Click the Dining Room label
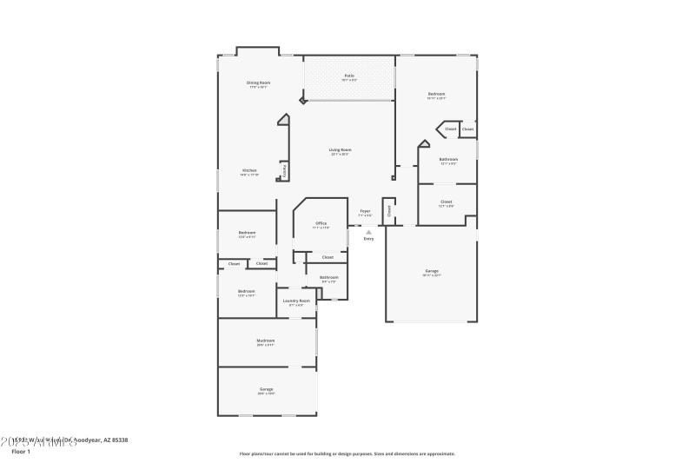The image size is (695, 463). tap(259, 83)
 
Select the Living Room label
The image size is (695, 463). tap(340, 150)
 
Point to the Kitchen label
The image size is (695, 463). tap(249, 170)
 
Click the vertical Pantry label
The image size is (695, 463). tap(284, 171)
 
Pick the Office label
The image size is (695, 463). tap(321, 223)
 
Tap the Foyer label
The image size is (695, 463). tap(365, 210)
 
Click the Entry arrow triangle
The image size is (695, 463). tap(369, 232)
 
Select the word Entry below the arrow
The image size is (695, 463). tap(369, 239)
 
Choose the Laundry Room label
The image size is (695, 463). tap(296, 301)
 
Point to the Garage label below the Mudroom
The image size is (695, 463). tap(266, 389)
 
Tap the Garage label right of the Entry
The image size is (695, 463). tap(432, 270)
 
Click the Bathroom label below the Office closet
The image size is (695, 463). tap(329, 277)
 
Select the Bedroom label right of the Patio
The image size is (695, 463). tap(436, 94)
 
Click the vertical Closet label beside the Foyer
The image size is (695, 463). tap(390, 209)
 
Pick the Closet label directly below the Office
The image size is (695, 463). tap(328, 257)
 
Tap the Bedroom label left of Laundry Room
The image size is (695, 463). tap(247, 291)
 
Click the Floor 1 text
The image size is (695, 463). tap(21, 452)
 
